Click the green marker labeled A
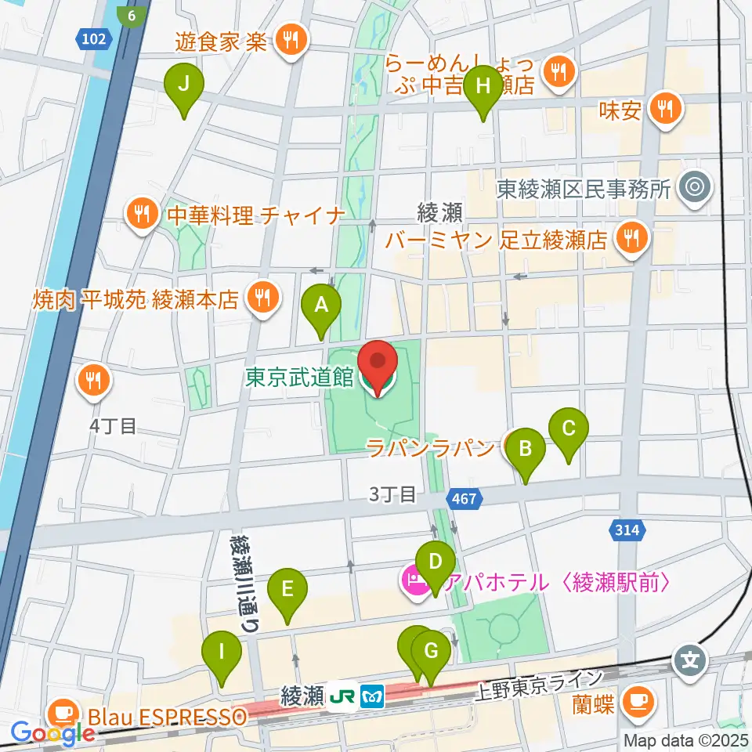coord(321,306)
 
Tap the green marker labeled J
coord(184,86)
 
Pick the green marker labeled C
coord(569,428)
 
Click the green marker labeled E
coord(287,588)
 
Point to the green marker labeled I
coord(222,651)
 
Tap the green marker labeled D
coord(436,562)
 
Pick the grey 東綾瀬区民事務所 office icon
coord(693,188)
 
